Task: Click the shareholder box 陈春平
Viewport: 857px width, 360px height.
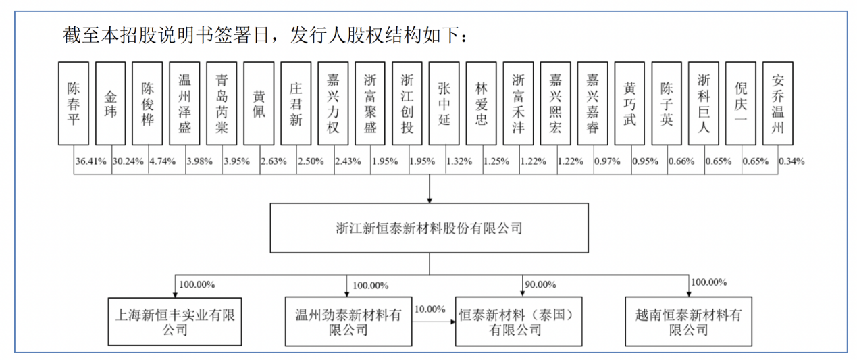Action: click(74, 103)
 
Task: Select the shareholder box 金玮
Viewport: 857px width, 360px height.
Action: click(111, 103)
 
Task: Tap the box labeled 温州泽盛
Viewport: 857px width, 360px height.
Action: click(184, 103)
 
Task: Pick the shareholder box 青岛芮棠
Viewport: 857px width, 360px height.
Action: click(222, 103)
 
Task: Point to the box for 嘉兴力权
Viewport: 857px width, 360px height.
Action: click(333, 103)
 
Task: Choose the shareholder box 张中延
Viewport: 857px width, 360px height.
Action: click(444, 103)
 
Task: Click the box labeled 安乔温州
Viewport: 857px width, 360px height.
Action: click(778, 103)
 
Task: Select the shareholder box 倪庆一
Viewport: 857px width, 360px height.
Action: click(741, 103)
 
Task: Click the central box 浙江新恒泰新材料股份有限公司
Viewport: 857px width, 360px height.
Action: click(430, 228)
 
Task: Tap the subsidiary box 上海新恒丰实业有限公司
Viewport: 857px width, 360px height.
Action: click(175, 322)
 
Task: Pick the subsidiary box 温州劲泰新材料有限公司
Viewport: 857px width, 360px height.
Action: click(348, 322)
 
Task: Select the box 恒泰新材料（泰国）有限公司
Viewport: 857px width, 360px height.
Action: click(519, 322)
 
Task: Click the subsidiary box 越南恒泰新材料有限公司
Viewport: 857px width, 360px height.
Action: click(689, 322)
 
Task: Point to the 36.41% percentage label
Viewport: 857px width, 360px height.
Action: click(90, 161)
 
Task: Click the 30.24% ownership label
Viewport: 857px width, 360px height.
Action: click(128, 161)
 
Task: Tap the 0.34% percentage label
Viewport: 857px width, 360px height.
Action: click(791, 161)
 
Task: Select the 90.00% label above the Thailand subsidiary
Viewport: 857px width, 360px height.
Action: click(540, 284)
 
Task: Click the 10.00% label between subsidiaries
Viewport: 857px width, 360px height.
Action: click(430, 309)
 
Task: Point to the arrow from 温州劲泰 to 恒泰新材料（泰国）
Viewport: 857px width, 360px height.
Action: click(434, 322)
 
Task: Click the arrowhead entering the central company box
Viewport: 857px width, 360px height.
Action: click(430, 200)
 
